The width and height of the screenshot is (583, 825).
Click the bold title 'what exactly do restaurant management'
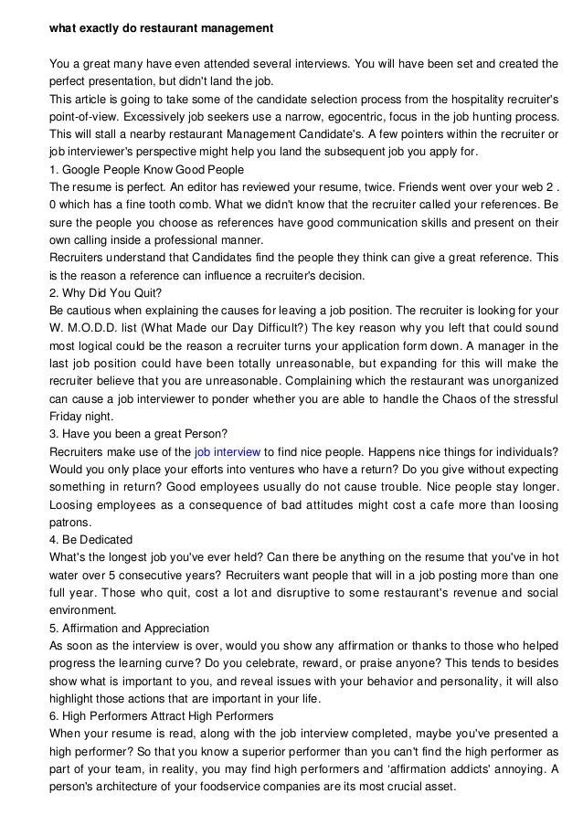[x=161, y=29]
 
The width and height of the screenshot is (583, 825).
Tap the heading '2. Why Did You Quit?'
[x=105, y=293]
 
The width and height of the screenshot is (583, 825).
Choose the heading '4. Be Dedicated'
[x=90, y=539]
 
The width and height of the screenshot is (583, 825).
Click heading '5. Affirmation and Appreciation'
[x=129, y=628]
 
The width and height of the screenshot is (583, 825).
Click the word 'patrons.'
[x=71, y=523]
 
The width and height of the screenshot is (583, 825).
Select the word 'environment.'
[x=84, y=610]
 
